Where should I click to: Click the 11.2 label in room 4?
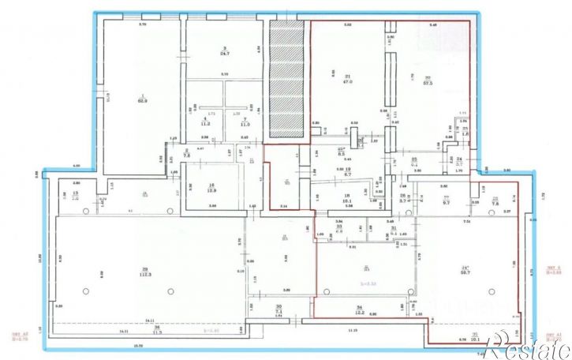[204, 124]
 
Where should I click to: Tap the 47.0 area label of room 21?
[347, 81]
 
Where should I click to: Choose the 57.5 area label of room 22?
[429, 81]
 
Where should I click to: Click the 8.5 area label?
[342, 153]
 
